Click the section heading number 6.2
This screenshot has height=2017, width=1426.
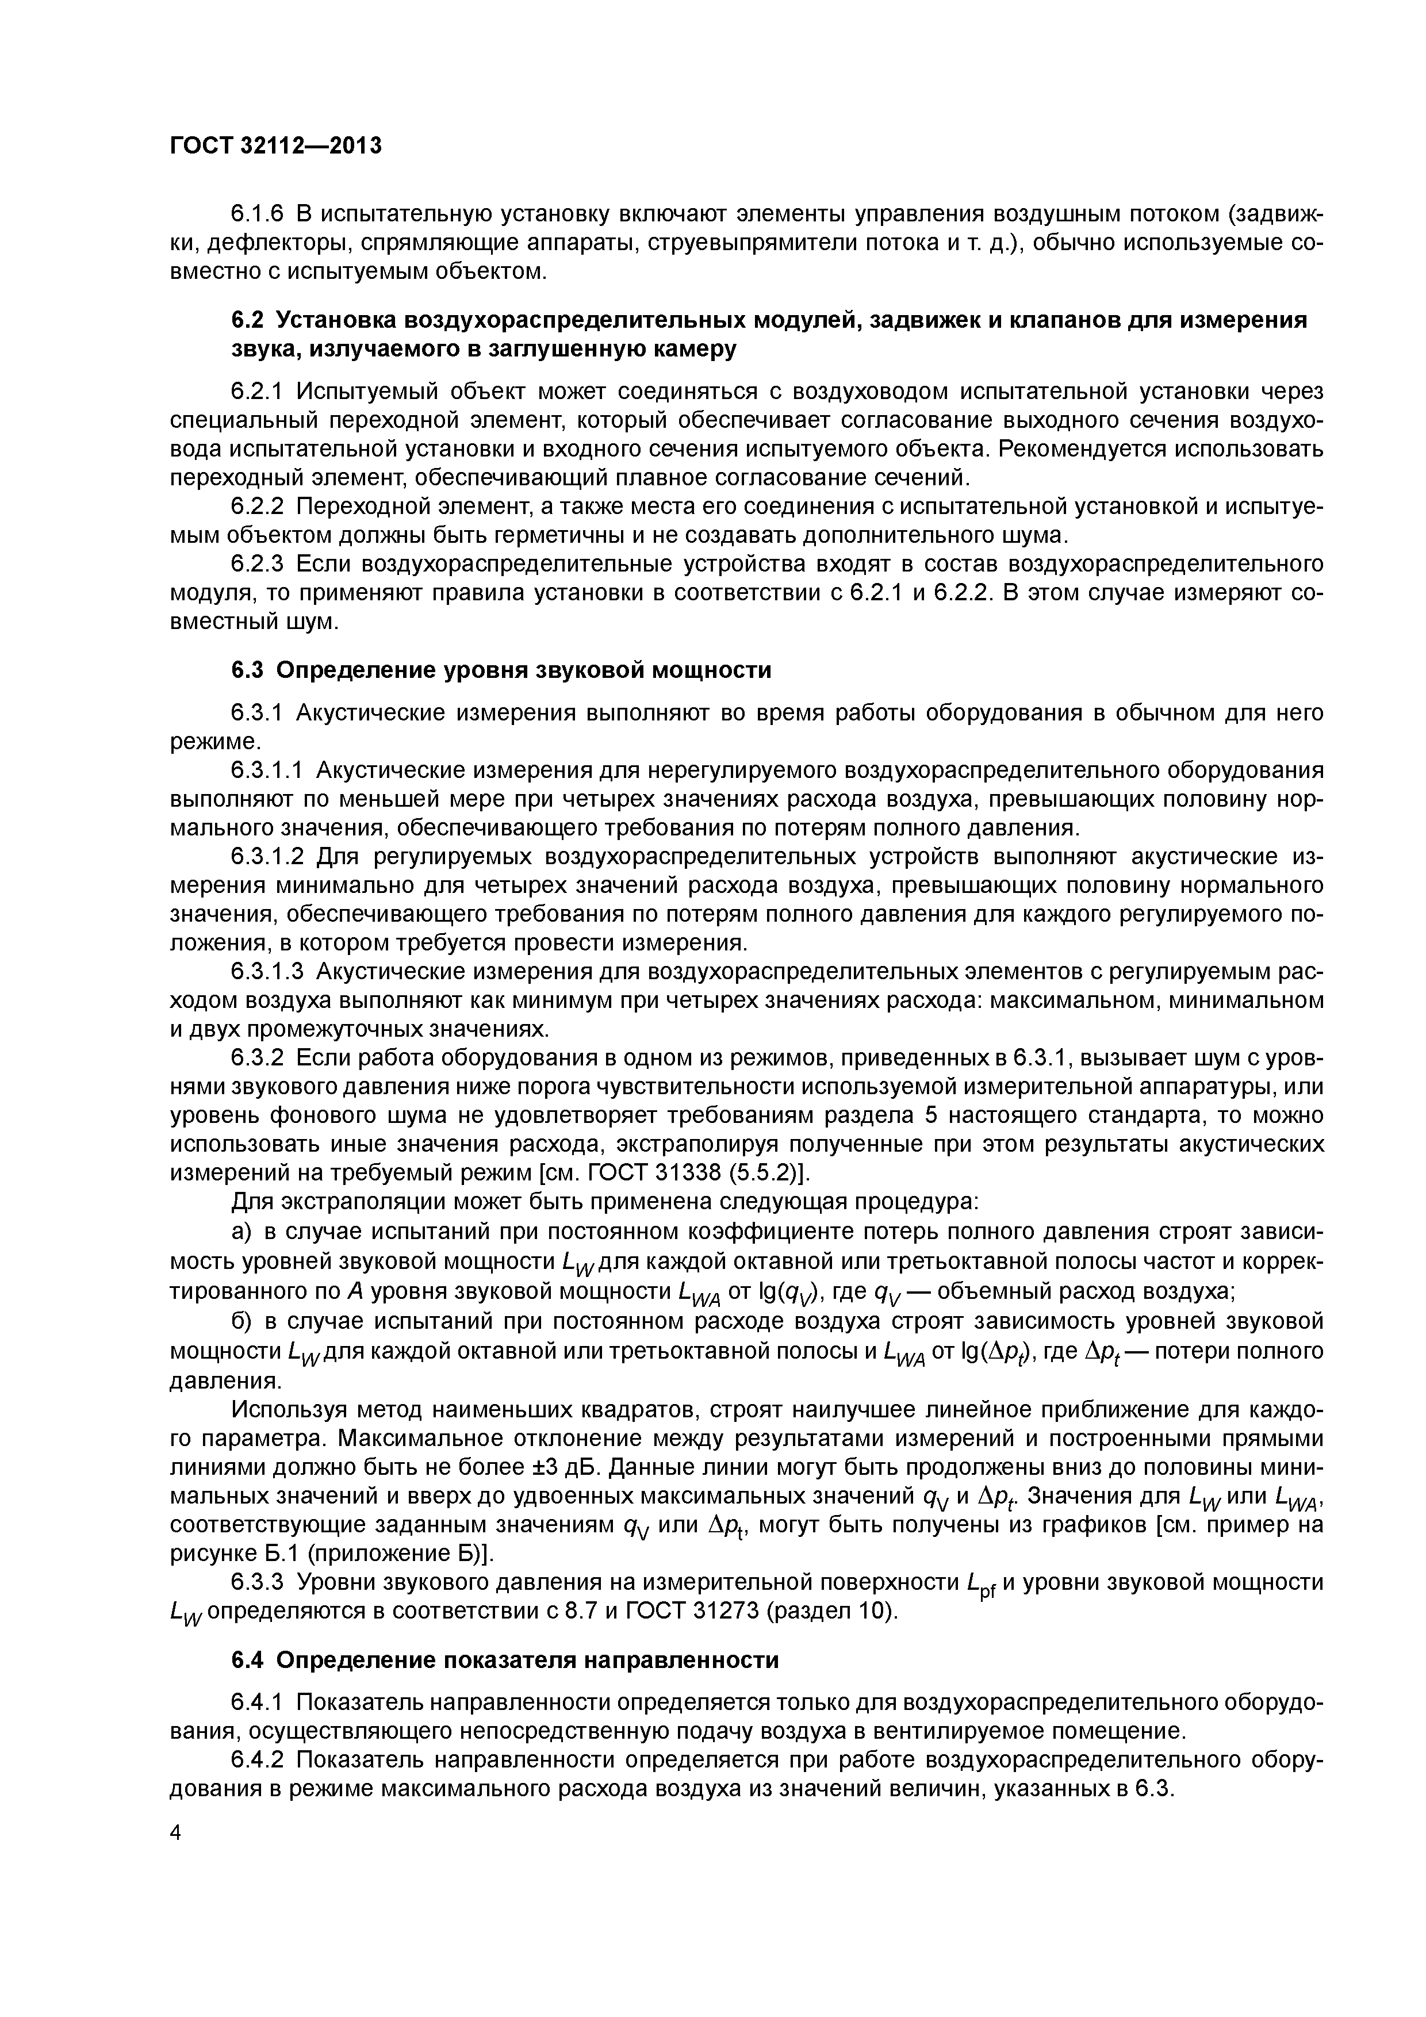click(x=248, y=321)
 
